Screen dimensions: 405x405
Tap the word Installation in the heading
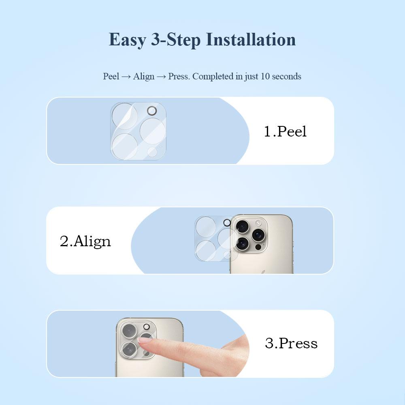(x=251, y=40)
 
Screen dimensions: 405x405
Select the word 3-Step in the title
(x=176, y=40)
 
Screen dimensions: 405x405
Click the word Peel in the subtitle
(x=111, y=76)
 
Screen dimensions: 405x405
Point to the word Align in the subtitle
(x=144, y=77)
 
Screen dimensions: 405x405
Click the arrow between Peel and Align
(x=126, y=77)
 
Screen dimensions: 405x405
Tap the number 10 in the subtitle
(x=265, y=76)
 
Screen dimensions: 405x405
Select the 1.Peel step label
(x=285, y=131)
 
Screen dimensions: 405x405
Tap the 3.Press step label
(x=291, y=343)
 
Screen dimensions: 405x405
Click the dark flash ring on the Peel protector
(x=152, y=111)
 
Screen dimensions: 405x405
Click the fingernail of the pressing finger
(x=142, y=341)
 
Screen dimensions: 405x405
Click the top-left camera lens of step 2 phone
(x=242, y=227)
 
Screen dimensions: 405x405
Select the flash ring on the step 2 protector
(x=227, y=223)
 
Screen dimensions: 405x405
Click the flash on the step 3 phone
(x=147, y=327)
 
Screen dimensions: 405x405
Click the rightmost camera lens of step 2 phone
(x=258, y=235)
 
